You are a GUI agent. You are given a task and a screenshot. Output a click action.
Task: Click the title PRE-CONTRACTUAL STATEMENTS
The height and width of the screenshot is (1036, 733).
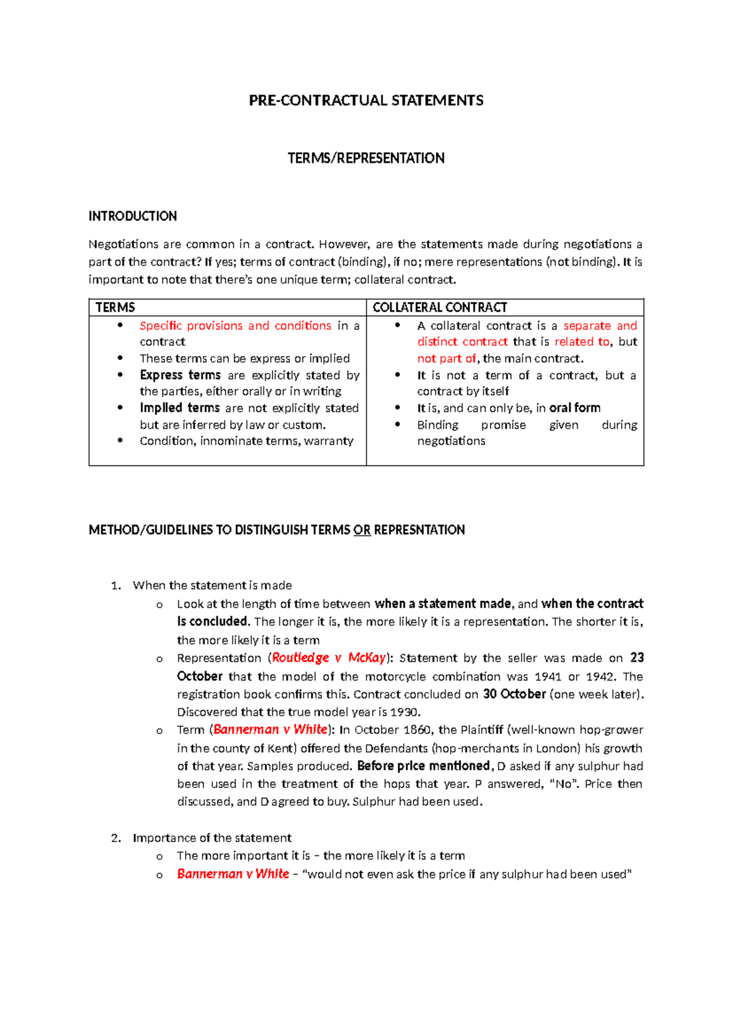tap(366, 101)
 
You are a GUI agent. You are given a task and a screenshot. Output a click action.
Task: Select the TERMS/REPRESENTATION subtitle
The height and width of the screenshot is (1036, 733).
tap(366, 158)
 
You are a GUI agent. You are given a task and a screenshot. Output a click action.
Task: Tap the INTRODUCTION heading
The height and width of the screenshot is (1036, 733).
tap(133, 216)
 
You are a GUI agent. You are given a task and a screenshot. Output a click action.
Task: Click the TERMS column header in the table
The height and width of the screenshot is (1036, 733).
tap(115, 307)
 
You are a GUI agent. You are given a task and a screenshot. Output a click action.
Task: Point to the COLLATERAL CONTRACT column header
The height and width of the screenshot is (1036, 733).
tap(440, 307)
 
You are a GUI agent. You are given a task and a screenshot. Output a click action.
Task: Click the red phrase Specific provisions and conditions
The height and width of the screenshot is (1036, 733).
tap(235, 326)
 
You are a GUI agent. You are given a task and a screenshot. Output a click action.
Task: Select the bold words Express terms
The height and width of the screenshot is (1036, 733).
tap(180, 375)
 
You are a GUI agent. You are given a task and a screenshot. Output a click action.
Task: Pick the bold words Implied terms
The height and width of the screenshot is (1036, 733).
tap(180, 407)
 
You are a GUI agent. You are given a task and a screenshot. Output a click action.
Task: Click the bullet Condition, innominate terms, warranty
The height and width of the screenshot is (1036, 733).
tap(246, 440)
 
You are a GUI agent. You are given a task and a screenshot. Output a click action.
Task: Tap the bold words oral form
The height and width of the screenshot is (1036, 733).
tap(575, 407)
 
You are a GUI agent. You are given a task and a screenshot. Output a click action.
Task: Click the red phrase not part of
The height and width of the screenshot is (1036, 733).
tap(447, 359)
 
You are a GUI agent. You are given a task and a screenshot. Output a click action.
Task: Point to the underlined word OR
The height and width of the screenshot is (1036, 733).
tap(362, 530)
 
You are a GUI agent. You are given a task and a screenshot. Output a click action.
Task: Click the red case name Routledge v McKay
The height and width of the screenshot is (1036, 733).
tap(329, 658)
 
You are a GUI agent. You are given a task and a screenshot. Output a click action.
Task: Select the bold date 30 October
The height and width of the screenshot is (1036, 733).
tap(514, 694)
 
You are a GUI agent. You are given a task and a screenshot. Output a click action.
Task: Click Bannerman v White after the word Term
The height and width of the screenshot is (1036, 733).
tap(271, 729)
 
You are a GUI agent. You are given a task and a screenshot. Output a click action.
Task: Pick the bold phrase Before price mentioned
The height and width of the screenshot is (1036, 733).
tap(424, 766)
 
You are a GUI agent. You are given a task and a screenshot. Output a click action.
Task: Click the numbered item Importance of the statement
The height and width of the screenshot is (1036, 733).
tap(212, 838)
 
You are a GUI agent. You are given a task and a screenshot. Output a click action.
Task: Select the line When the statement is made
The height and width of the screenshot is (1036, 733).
tap(212, 585)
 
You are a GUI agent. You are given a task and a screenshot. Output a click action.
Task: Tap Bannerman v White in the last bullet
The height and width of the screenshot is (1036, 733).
tap(233, 874)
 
